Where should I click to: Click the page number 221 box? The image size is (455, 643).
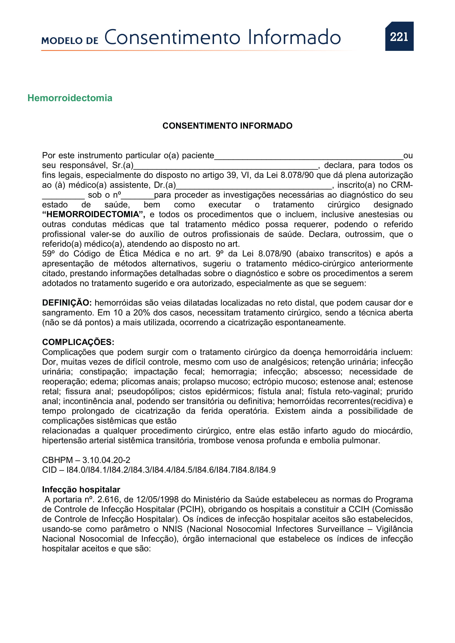[399, 36]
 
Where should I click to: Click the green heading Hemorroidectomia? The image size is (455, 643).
[70, 98]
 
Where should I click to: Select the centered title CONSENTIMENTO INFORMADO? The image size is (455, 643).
[227, 126]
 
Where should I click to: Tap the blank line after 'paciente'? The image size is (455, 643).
[308, 157]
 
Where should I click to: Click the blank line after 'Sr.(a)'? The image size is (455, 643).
[226, 167]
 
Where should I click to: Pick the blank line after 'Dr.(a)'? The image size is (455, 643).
[254, 186]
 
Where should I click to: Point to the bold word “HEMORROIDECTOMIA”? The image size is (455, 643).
[93, 214]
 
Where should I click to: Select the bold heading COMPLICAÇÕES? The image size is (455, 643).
[78, 342]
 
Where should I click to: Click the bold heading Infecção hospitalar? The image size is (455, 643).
[81, 490]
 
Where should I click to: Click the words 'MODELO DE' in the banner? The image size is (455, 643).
[70, 41]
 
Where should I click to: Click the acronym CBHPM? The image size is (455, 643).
[57, 460]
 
